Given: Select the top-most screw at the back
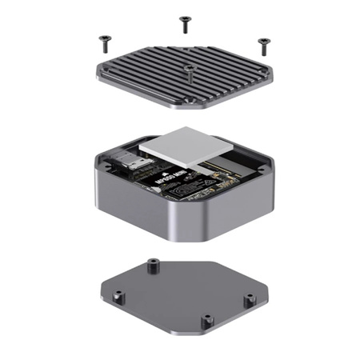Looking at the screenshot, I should [185, 22].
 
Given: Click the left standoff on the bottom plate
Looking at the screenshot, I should [117, 299].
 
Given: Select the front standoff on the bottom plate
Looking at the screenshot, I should [206, 320].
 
